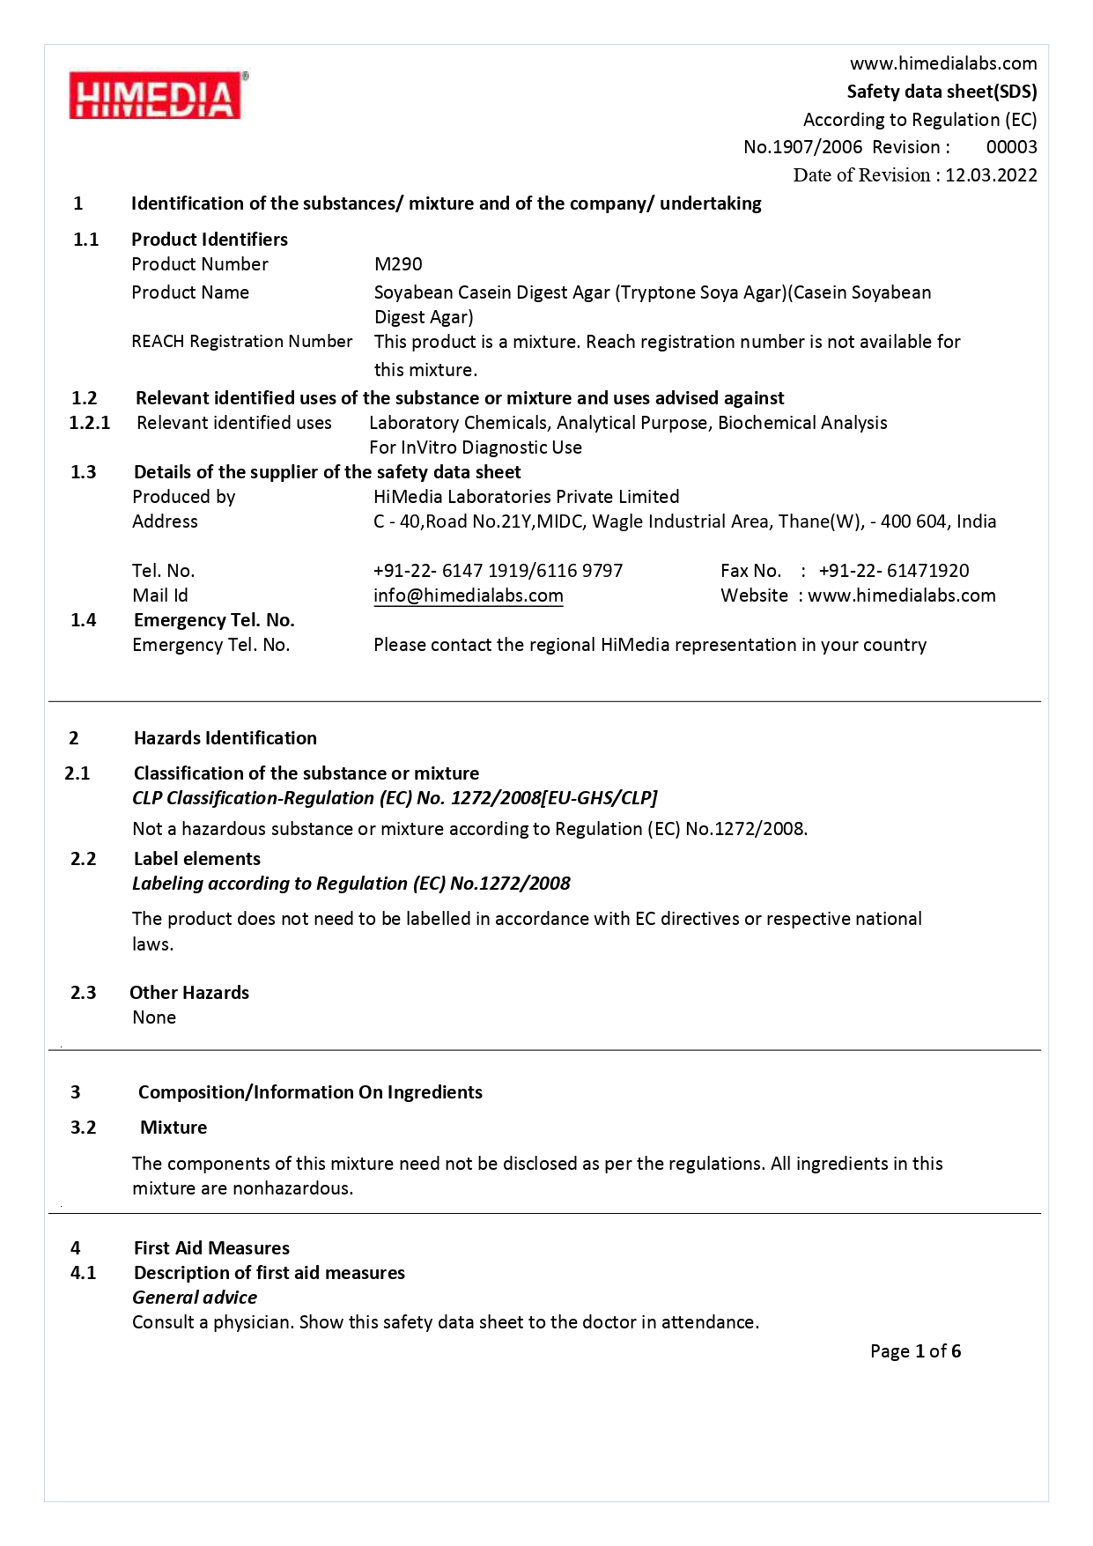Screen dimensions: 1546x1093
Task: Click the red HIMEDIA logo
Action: (x=156, y=96)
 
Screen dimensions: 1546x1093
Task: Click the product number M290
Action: (x=398, y=264)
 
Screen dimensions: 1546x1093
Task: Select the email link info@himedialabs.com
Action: (x=468, y=595)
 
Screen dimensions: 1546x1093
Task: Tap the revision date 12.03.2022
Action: (x=991, y=175)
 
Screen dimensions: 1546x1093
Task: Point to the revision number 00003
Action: (x=1011, y=147)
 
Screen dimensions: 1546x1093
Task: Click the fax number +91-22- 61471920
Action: (x=893, y=571)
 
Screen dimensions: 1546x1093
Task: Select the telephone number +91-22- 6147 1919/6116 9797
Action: (x=498, y=571)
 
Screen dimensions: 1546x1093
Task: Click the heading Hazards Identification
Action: (x=225, y=738)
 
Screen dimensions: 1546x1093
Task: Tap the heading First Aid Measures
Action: (x=211, y=1248)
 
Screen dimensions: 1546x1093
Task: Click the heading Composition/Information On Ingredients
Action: (x=310, y=1092)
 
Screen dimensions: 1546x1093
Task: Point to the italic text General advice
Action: (x=195, y=1298)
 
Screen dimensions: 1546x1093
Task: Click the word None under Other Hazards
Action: (x=154, y=1017)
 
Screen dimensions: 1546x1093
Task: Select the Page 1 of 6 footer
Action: (x=915, y=1351)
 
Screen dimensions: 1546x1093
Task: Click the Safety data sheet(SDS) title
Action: (x=942, y=92)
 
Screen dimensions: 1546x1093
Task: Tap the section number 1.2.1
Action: (x=90, y=423)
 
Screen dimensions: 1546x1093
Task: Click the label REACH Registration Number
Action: (x=241, y=342)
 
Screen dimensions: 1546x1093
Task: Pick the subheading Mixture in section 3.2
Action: (x=174, y=1128)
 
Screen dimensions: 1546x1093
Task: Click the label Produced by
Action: (x=183, y=497)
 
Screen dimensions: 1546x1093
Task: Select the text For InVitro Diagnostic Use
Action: (x=476, y=448)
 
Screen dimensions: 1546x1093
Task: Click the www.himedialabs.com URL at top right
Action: (x=943, y=63)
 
